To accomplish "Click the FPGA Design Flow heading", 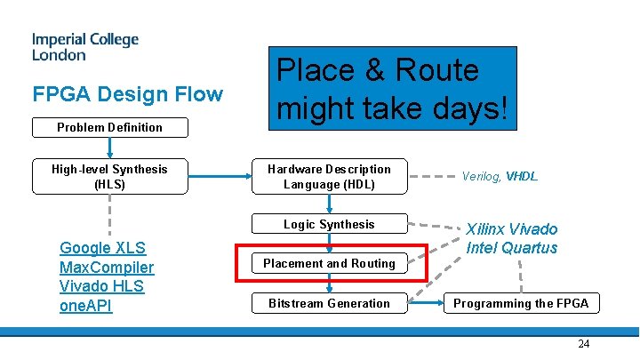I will click(x=127, y=94).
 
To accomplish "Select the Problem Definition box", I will click(x=109, y=127).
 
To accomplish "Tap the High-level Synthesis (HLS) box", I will click(x=109, y=176).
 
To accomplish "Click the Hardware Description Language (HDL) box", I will click(x=329, y=176).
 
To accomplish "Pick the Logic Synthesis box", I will click(x=329, y=225).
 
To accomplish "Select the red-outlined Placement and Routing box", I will click(x=329, y=263).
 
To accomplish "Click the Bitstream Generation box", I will click(x=329, y=303).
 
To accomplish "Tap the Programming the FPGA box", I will click(x=521, y=303).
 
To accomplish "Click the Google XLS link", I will click(x=102, y=248).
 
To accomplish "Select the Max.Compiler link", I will click(x=106, y=268).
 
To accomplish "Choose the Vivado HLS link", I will click(x=101, y=286).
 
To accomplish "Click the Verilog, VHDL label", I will click(x=500, y=177).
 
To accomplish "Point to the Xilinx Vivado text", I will click(x=512, y=229).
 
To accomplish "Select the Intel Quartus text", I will click(x=512, y=248).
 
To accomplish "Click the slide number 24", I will click(x=583, y=344).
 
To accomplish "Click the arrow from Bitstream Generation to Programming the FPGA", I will click(x=425, y=303).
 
